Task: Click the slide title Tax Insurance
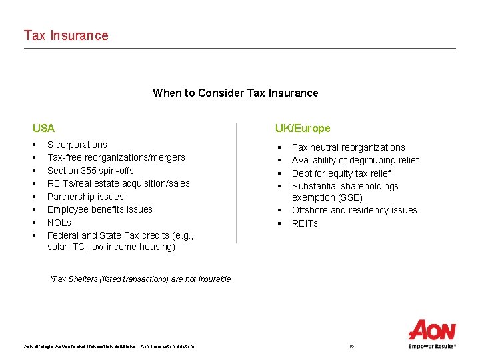tap(66, 35)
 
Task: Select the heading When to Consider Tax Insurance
tap(235, 93)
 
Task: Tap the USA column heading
tap(44, 128)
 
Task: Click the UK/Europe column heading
tap(303, 128)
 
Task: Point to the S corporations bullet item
tap(77, 145)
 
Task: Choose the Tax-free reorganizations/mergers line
tap(116, 157)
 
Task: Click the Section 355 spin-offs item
tap(90, 171)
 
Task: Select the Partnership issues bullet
tap(85, 197)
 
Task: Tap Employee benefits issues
tap(99, 209)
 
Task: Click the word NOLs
tap(59, 223)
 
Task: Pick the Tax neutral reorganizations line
tap(348, 147)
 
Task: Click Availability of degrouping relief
tap(355, 160)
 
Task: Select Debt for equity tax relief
tap(341, 173)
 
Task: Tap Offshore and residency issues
tap(354, 210)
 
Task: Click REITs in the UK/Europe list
tap(305, 223)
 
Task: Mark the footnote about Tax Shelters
tap(140, 279)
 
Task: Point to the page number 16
tap(351, 346)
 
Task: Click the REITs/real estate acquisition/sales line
tap(118, 183)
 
